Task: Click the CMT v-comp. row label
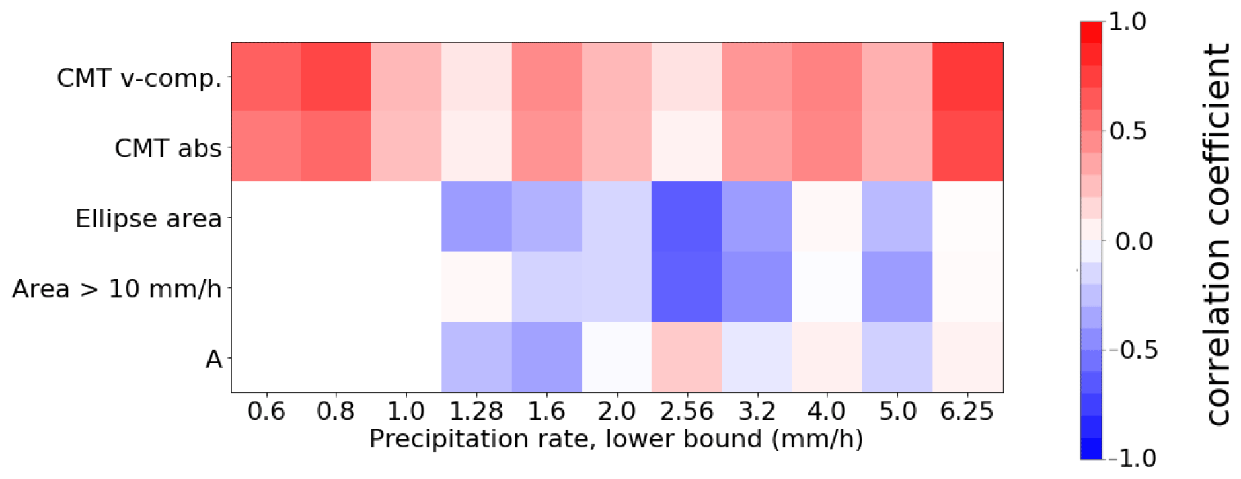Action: (x=139, y=78)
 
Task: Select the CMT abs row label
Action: (x=168, y=148)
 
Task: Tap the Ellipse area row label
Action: (x=148, y=219)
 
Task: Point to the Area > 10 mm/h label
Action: (x=116, y=289)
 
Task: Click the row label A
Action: (x=213, y=359)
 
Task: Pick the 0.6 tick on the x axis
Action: (x=266, y=412)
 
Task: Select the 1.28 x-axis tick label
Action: (x=476, y=412)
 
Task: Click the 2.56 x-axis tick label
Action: (x=687, y=412)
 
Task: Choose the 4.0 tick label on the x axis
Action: (x=827, y=412)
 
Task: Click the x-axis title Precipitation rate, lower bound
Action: (x=616, y=439)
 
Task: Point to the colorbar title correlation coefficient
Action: (x=1217, y=235)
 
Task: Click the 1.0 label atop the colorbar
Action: (x=1127, y=22)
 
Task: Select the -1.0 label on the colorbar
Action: (x=1131, y=458)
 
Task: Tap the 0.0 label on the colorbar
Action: (x=1133, y=241)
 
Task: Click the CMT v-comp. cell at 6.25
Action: (x=967, y=77)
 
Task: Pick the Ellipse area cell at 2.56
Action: (x=687, y=217)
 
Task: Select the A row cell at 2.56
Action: (x=687, y=357)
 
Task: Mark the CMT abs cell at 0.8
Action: (x=336, y=147)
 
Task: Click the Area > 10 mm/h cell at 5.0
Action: (x=897, y=287)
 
